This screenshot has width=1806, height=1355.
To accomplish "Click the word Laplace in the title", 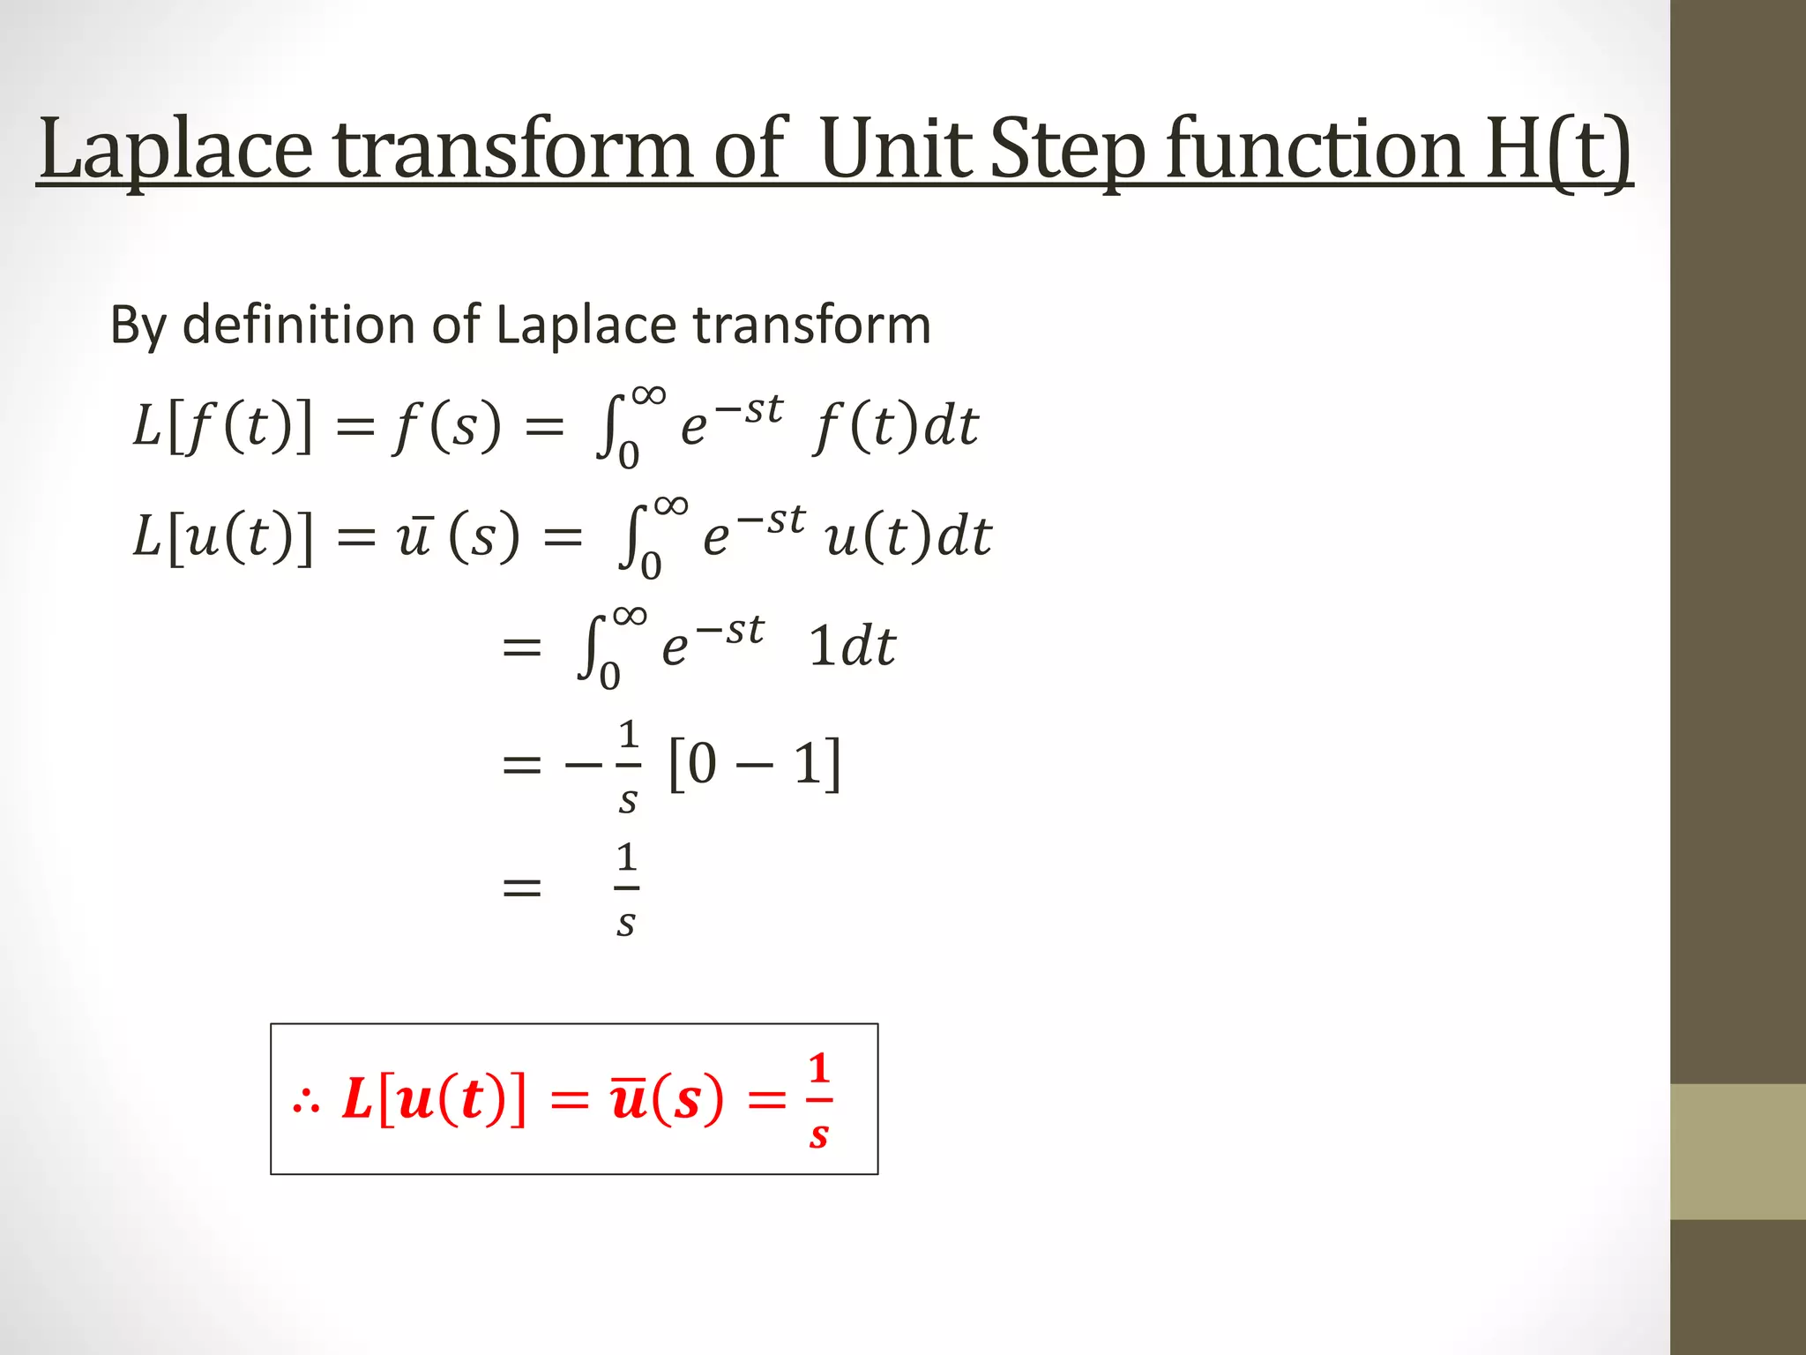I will point(176,150).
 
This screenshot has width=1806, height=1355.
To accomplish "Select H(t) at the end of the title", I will point(1557,150).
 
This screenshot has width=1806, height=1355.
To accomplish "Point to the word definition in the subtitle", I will point(301,325).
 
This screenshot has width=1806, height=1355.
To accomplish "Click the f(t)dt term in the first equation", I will point(896,427).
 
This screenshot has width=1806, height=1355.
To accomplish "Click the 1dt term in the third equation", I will point(852,646).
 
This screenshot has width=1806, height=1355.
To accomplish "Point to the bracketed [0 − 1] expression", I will point(755,764).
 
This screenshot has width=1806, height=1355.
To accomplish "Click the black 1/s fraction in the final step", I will point(626,889).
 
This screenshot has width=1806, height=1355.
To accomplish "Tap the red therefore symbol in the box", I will point(306,1101).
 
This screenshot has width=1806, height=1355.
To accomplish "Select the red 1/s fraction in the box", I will point(819,1101).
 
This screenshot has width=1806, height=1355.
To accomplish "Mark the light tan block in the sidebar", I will point(1738,1151).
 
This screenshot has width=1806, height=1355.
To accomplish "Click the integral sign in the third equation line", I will point(589,648).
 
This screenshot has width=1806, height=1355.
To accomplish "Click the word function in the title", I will point(1314,150).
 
